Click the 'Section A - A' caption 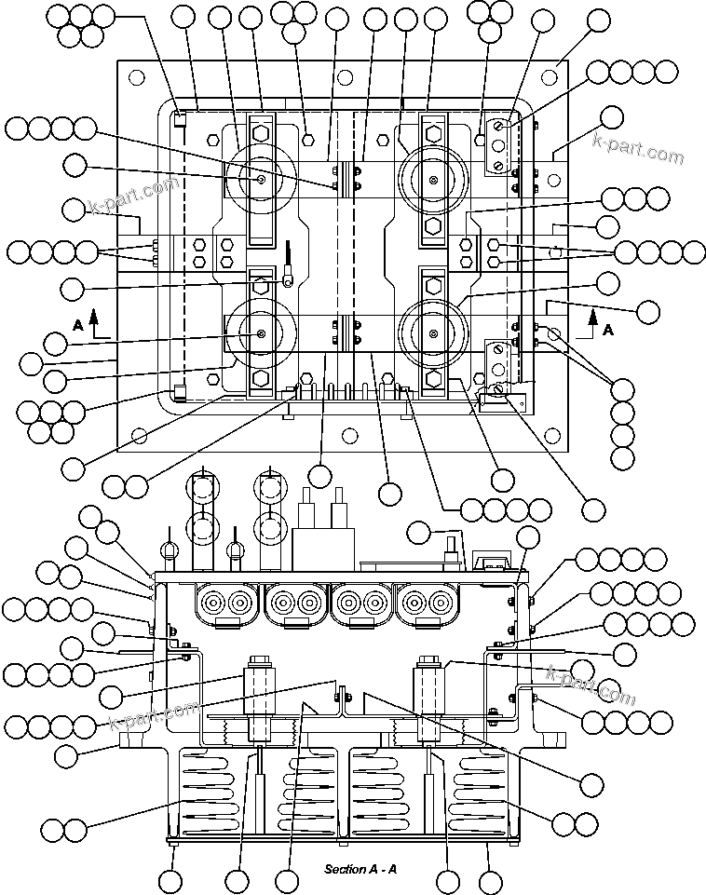click(360, 869)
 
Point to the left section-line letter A click(78, 325)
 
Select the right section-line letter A click(608, 330)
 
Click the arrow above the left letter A click(94, 320)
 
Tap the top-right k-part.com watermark click(637, 147)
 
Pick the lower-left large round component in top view click(261, 334)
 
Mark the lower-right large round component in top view click(433, 334)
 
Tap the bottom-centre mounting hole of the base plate click(351, 435)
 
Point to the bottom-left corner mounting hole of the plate click(139, 435)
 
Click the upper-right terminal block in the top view click(499, 147)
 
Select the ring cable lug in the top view click(291, 272)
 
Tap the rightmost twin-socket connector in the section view click(428, 603)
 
